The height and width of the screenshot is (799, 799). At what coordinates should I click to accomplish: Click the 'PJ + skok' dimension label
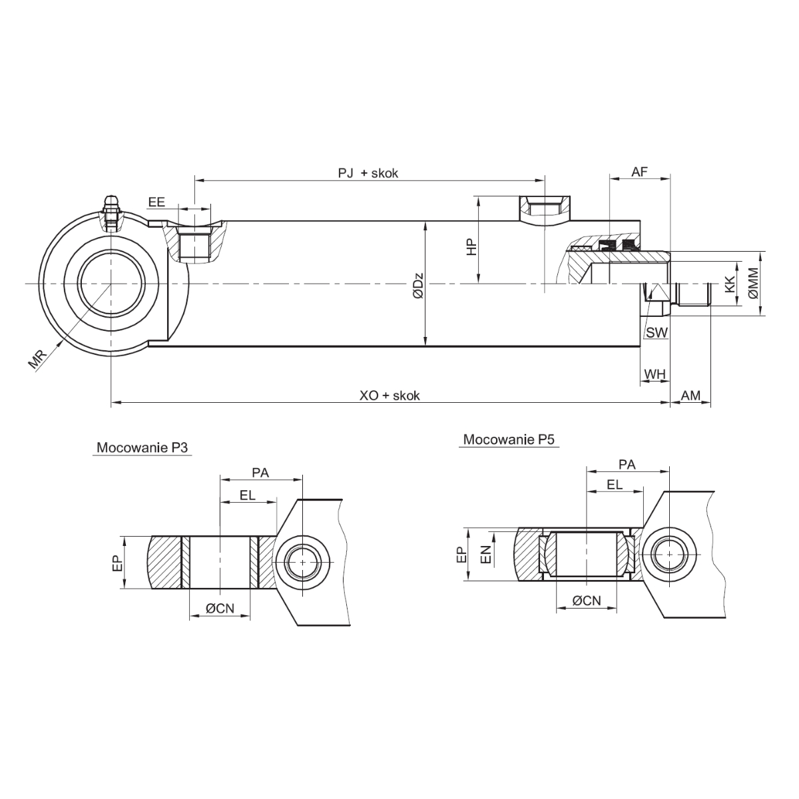368,173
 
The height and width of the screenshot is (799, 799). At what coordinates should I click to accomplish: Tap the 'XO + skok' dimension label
390,396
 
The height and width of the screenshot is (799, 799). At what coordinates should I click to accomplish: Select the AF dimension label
639,172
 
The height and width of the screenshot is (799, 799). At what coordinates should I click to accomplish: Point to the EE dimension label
156,202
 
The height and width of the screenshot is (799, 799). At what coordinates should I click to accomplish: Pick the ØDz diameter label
417,284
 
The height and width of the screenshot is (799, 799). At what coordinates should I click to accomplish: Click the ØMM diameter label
753,283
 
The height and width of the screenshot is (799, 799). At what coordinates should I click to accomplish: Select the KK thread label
730,285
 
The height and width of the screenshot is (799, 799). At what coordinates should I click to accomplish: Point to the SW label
657,332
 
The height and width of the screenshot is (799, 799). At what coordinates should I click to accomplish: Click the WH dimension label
655,374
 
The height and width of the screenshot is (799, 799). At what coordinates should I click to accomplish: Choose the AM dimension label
690,396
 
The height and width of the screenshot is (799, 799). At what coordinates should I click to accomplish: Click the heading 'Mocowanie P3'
143,447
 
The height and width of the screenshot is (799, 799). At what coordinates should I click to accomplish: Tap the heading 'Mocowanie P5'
509,439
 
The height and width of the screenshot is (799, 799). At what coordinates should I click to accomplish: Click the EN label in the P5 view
486,554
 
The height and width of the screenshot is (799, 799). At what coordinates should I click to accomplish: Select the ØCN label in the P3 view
219,607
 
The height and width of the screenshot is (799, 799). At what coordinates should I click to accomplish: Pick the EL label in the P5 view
614,485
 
